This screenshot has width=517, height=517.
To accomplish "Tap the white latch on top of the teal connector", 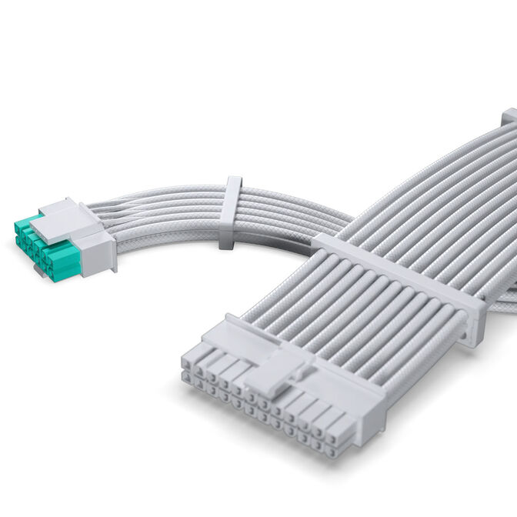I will click(69, 220).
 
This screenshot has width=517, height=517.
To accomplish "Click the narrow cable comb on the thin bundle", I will click(230, 212).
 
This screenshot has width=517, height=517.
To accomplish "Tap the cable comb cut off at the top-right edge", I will click(509, 117).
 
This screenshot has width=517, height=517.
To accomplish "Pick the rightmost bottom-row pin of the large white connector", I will click(332, 451).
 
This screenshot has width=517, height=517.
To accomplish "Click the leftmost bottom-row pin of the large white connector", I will click(189, 379).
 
